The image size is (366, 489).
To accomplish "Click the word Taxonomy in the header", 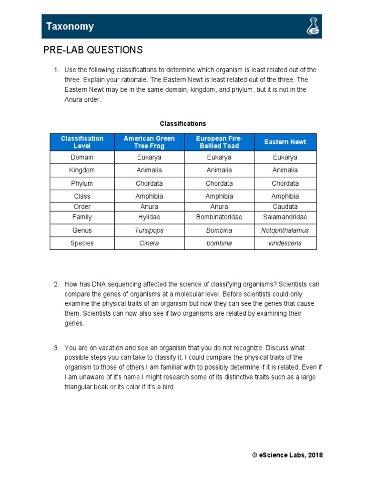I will click(x=70, y=27).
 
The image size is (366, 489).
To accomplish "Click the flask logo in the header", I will click(x=313, y=27).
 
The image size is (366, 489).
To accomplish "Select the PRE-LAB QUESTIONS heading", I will click(x=93, y=50).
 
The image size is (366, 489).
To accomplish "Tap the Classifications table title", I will click(x=183, y=124).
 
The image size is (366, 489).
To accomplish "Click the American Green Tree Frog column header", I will click(x=149, y=142).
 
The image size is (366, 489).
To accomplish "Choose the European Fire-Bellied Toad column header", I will click(x=219, y=142).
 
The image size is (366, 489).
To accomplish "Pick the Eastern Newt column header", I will click(x=285, y=142).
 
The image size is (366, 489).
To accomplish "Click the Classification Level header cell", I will click(x=82, y=142).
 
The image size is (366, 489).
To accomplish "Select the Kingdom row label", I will click(x=82, y=170).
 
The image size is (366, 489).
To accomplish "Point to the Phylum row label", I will click(x=82, y=183).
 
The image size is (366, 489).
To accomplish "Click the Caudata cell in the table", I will click(x=285, y=207).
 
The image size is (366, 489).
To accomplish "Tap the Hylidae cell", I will click(x=149, y=217).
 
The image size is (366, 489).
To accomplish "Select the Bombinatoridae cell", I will click(x=219, y=217).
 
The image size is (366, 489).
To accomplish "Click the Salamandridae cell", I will click(x=285, y=217).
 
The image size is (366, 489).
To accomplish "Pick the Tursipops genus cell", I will click(x=149, y=230).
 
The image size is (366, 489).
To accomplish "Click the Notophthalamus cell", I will click(x=285, y=230).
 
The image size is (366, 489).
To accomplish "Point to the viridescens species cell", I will click(x=285, y=243).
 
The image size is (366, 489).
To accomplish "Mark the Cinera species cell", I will click(x=149, y=243).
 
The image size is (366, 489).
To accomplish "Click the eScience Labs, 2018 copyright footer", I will click(x=287, y=455).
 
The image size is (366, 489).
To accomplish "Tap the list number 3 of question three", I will click(x=56, y=348).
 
